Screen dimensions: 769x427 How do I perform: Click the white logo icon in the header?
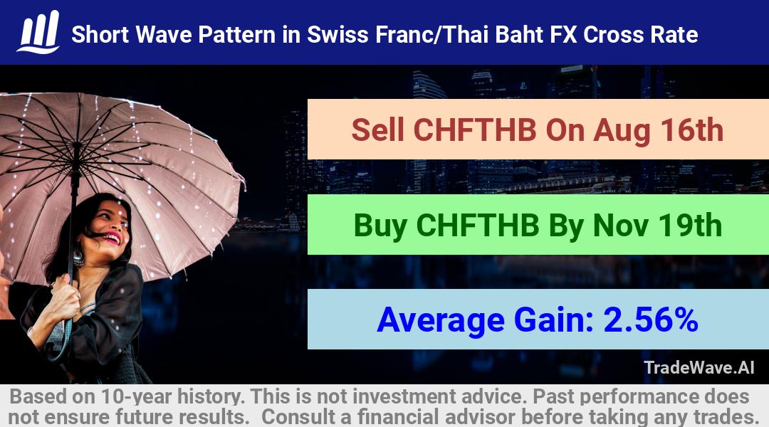click(x=38, y=32)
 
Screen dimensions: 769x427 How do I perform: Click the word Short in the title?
click(x=100, y=35)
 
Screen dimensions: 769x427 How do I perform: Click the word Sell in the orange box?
click(x=377, y=130)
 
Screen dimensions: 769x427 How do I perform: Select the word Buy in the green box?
click(x=380, y=226)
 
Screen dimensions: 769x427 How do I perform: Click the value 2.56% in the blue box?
click(x=651, y=320)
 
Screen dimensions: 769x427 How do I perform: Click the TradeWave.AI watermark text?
click(x=699, y=367)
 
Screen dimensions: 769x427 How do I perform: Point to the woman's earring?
click(x=78, y=257)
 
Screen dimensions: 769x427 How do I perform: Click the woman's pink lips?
click(x=113, y=238)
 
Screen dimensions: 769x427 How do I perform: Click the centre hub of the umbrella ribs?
click(x=76, y=146)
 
